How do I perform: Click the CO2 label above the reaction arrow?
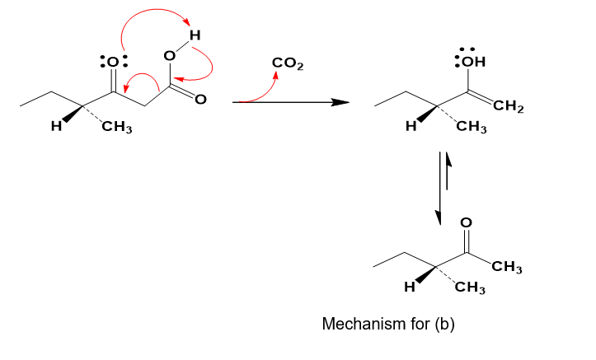tap(286, 64)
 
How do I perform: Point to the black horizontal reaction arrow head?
tap(337, 102)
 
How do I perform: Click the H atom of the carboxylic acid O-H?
tap(195, 35)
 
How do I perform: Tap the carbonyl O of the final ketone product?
tap(466, 222)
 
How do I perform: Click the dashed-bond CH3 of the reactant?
tap(117, 129)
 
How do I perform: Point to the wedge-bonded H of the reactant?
tap(54, 128)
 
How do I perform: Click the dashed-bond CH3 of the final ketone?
tap(472, 288)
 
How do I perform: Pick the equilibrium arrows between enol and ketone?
tap(443, 189)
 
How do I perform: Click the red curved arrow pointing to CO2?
tap(264, 87)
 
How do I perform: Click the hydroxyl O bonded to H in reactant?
tap(168, 56)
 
